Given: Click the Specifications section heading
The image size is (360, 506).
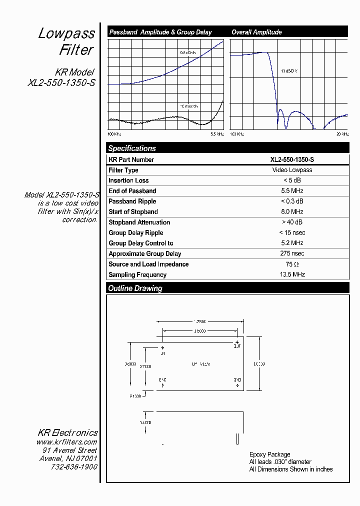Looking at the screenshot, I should [x=132, y=148].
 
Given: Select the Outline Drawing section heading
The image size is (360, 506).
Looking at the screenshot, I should [x=135, y=288].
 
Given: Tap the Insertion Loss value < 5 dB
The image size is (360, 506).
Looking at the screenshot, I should [x=292, y=180].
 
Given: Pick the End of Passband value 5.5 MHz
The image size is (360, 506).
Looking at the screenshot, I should [x=292, y=191].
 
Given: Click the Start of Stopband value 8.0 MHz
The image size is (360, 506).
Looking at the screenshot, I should [x=292, y=212].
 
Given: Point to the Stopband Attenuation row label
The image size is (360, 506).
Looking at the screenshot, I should [x=139, y=222].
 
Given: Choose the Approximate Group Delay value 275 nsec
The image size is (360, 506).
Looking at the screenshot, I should [x=292, y=253].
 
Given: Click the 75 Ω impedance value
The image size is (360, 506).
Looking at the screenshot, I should [x=292, y=264].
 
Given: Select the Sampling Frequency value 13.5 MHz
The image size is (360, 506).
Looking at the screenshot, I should [x=292, y=274].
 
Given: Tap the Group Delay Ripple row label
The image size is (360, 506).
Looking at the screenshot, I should [x=135, y=233].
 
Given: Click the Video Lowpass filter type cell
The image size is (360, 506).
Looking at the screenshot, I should [x=292, y=170].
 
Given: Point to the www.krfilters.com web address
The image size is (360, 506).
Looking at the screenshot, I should [x=66, y=442].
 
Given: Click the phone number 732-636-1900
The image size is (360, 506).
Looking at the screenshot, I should [x=74, y=467].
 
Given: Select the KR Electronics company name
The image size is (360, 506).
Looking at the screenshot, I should [x=67, y=433].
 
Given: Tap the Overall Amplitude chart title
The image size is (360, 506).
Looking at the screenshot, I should [x=256, y=32].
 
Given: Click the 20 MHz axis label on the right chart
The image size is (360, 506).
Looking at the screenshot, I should [x=342, y=134].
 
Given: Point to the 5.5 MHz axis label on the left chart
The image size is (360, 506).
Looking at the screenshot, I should [x=216, y=134].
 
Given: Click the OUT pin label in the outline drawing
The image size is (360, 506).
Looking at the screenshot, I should [x=237, y=345].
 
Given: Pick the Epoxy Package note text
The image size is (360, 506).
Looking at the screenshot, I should [x=269, y=455].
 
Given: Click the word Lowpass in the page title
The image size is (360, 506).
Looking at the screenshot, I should [x=66, y=34].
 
